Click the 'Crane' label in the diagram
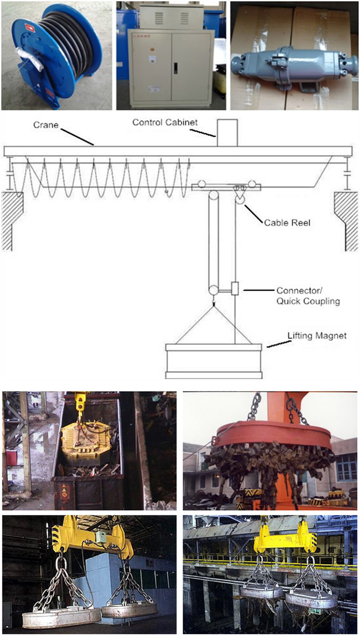[45, 125]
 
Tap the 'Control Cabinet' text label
[165, 122]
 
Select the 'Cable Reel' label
[287, 222]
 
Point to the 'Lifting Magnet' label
[317, 335]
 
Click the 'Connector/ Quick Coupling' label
[308, 296]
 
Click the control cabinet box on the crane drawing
[227, 133]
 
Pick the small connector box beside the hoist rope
[234, 288]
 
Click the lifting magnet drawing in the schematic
[213, 361]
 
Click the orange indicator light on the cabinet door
[152, 49]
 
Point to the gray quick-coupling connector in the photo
[294, 66]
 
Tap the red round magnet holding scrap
[274, 435]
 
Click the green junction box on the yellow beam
[100, 537]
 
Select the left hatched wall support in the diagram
[12, 221]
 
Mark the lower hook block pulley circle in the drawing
[213, 290]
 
